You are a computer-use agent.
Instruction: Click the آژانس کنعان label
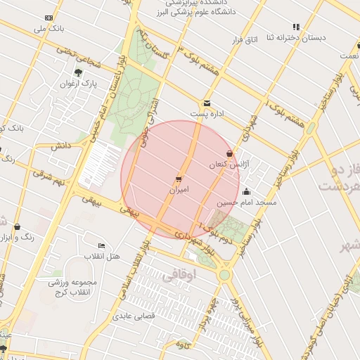pyautogui.click(x=226, y=164)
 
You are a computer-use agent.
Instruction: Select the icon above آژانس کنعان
pyautogui.click(x=229, y=153)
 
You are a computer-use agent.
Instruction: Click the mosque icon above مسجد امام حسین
pyautogui.click(x=246, y=191)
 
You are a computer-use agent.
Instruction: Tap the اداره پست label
pyautogui.click(x=207, y=113)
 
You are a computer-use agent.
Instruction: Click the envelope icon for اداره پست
pyautogui.click(x=207, y=103)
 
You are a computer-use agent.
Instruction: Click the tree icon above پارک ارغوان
pyautogui.click(x=77, y=72)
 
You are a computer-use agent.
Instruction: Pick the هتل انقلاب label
pyautogui.click(x=102, y=256)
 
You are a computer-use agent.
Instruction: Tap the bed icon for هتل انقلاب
pyautogui.click(x=102, y=245)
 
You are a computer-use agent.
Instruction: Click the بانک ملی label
pyautogui.click(x=47, y=29)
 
